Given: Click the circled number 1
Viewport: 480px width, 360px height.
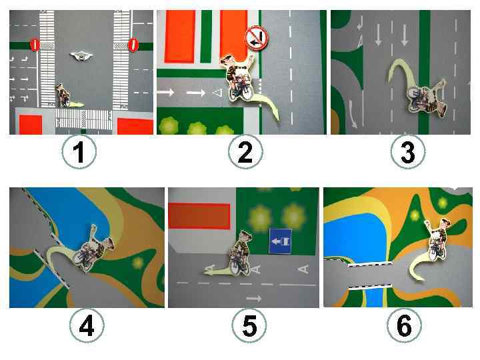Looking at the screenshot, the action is [79, 151].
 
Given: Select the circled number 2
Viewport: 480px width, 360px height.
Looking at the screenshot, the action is [245, 151].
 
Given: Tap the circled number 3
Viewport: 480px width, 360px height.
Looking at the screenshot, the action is [408, 151].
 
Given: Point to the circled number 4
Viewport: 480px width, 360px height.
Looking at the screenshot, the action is [87, 325].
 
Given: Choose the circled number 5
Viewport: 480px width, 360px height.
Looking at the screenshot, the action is [249, 325].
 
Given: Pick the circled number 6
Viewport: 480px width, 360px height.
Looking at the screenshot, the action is [404, 325].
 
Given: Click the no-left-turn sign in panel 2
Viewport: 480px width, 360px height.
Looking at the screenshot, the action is [257, 37].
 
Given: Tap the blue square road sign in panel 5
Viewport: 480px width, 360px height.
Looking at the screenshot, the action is [280, 241].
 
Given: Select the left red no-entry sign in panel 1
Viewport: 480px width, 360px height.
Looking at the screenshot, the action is [35, 45].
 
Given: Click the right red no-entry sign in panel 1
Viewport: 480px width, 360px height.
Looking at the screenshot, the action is [133, 45].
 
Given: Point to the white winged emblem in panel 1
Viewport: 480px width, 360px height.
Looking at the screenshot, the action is [81, 55].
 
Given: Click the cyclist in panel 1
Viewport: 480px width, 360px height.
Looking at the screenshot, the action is [63, 95].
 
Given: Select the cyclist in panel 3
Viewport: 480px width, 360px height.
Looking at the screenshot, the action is [427, 97].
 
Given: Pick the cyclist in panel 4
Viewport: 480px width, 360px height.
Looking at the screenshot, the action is [93, 249].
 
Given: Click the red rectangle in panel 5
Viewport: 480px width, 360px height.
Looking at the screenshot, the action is [199, 216].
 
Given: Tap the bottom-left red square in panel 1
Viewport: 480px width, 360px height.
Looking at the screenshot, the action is [31, 125].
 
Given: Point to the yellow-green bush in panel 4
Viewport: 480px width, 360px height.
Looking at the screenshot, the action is [138, 263].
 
